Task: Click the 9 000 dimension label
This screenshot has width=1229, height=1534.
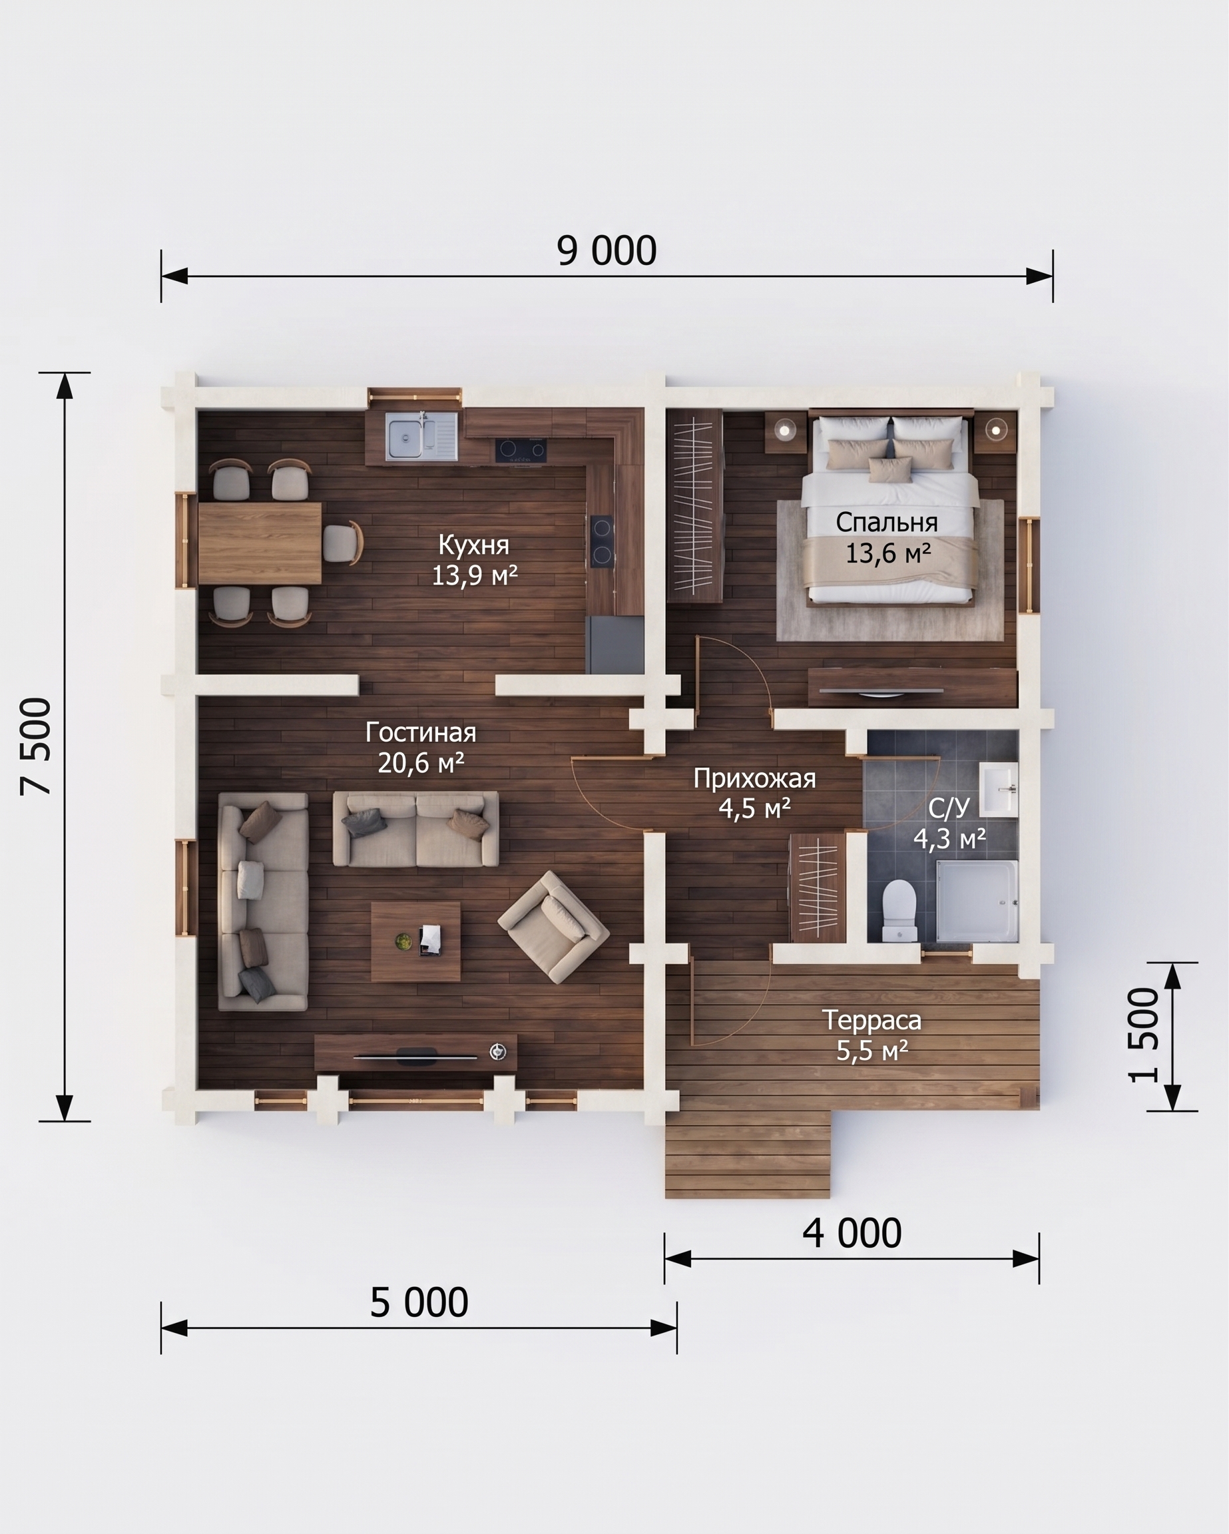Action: tap(607, 251)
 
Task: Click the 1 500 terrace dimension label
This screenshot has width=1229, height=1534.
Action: tap(1144, 1035)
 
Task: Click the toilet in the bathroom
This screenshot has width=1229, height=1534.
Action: tap(899, 909)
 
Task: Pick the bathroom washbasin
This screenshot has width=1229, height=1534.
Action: tap(999, 789)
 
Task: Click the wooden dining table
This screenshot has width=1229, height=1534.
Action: tap(260, 543)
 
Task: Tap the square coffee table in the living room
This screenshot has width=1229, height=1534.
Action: tap(415, 941)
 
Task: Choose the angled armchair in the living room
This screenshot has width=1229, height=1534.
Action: tap(554, 926)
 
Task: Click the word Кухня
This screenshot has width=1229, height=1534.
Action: tap(474, 545)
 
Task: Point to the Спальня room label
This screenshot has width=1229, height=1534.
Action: tap(887, 522)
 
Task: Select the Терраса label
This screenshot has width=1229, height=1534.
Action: tap(871, 1020)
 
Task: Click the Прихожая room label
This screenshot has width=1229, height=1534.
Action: tap(754, 778)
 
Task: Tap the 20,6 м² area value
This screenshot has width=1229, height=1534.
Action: tap(421, 763)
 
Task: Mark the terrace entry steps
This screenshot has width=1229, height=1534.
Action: tap(747, 1153)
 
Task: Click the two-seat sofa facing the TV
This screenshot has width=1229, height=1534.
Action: tap(415, 829)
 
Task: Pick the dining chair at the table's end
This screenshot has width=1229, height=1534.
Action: tap(344, 543)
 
